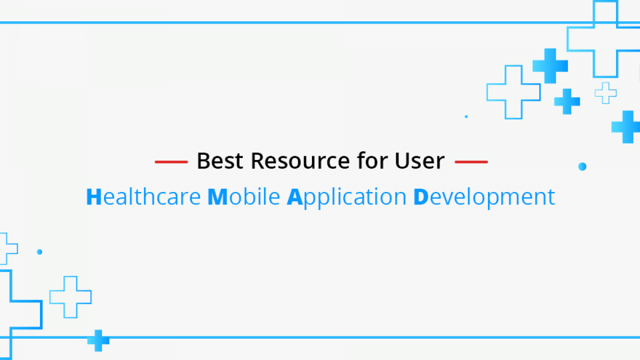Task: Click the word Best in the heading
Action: (x=220, y=161)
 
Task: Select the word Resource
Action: (x=300, y=161)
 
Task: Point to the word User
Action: (x=420, y=161)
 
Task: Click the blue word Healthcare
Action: (x=143, y=197)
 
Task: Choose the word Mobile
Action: (x=244, y=197)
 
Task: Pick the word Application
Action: (x=347, y=197)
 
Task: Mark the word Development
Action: (x=484, y=197)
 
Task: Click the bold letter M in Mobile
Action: (x=218, y=197)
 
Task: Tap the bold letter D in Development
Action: (x=421, y=197)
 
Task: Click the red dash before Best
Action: (x=171, y=162)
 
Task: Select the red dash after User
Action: (x=471, y=162)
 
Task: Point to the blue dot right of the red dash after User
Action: (x=582, y=166)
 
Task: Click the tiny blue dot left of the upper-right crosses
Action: (x=466, y=117)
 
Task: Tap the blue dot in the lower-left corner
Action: (x=39, y=252)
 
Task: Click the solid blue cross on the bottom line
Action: (x=98, y=341)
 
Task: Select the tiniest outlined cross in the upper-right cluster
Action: (x=605, y=93)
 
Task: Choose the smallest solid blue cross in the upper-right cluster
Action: (x=567, y=101)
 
